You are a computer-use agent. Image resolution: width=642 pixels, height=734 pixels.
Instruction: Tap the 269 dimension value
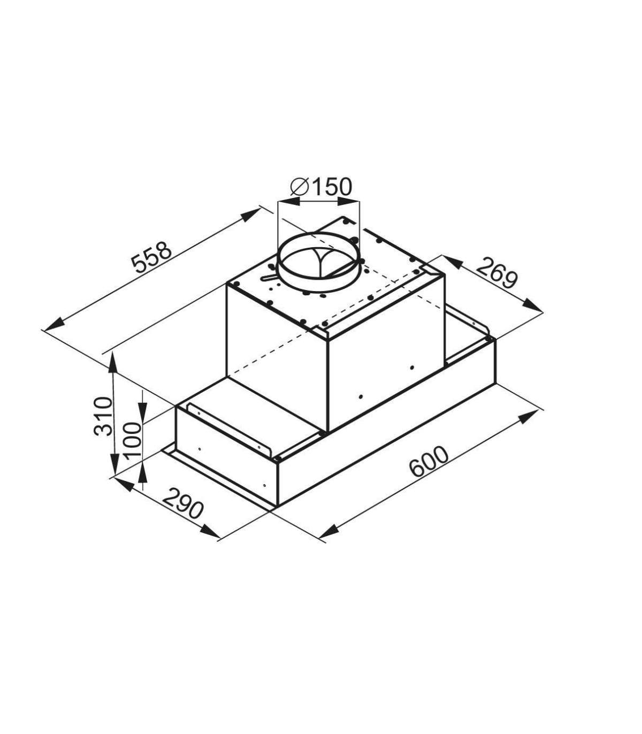[x=498, y=274]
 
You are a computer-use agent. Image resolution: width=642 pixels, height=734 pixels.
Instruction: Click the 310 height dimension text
[x=103, y=416]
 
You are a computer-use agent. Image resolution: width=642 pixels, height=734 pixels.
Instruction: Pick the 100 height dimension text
[x=132, y=441]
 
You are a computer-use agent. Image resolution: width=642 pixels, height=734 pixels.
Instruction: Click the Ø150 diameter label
[x=321, y=187]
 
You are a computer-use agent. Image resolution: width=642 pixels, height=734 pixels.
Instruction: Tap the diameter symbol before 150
[x=300, y=187]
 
